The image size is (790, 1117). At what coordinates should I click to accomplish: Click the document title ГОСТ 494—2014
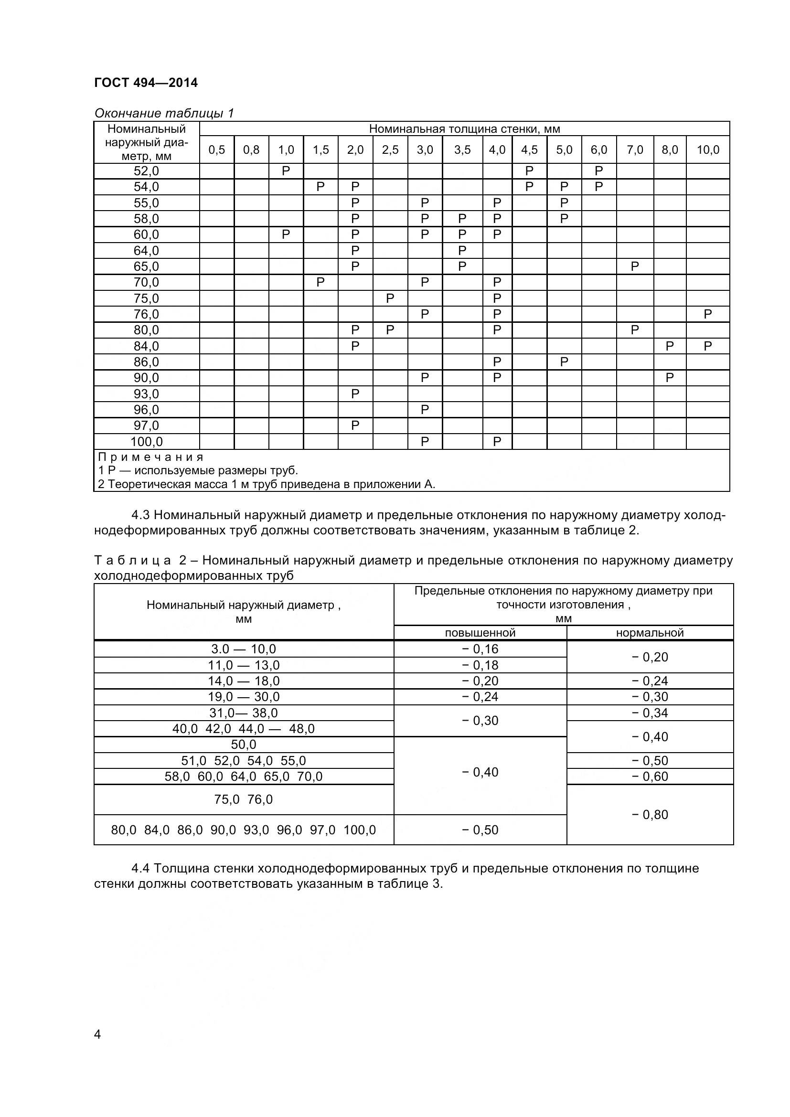tap(146, 83)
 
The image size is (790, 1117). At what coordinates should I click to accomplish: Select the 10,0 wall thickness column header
tap(708, 150)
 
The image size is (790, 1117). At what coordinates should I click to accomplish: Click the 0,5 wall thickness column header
tap(217, 150)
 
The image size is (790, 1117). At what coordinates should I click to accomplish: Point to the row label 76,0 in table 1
tap(147, 314)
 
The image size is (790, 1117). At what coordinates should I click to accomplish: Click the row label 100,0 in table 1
tap(147, 442)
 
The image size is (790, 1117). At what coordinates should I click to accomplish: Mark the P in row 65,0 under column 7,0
tap(634, 266)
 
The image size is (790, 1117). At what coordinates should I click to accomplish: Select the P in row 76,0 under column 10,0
tap(707, 314)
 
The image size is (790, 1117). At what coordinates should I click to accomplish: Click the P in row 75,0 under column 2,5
tap(390, 298)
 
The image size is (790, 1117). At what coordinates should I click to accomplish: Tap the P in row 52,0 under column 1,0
tap(286, 171)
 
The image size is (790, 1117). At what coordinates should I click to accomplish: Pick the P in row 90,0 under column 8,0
tap(669, 378)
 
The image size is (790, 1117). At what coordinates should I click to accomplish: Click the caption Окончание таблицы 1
tap(164, 113)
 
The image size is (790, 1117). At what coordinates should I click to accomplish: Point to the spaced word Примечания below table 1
tap(150, 457)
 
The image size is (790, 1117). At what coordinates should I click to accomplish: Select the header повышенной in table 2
tap(480, 633)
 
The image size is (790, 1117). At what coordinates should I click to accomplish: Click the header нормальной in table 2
tap(650, 633)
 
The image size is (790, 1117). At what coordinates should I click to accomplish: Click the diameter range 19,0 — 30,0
tap(244, 697)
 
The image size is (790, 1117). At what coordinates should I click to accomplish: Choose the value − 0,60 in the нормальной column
tap(650, 777)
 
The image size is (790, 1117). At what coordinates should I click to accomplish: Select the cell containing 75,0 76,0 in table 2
tap(244, 799)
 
